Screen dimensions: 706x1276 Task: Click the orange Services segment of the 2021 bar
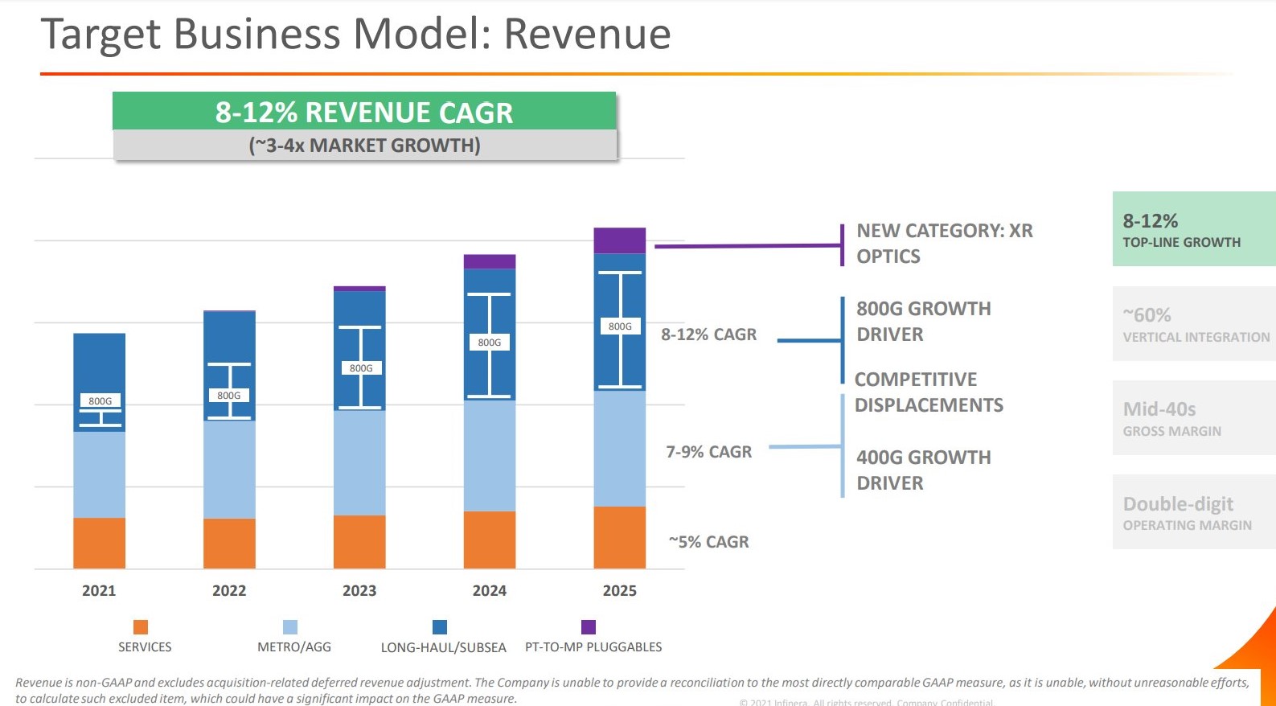99,543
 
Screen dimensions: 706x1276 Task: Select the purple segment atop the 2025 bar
619,240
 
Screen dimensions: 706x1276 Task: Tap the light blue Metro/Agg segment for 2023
359,462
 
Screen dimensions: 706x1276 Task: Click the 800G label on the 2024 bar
489,343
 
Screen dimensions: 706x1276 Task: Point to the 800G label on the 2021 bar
100,400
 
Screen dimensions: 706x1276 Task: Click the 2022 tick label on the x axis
229,591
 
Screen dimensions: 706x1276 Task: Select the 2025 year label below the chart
619,591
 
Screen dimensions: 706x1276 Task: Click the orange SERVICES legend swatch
141,627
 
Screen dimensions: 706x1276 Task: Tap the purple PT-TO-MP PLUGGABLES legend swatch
589,627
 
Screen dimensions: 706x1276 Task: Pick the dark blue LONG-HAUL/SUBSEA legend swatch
440,627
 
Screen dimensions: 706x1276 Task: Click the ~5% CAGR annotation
708,542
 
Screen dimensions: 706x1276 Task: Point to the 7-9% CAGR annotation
708,452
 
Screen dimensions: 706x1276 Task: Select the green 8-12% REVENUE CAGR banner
363,112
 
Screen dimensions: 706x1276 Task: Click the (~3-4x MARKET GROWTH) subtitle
364,146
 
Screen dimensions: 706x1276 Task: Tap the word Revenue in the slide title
587,34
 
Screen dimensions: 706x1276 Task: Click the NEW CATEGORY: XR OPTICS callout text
944,243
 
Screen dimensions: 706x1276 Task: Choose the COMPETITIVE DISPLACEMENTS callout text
928,392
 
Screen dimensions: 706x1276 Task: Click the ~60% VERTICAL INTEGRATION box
1194,324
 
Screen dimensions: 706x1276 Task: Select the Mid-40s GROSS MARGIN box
1194,418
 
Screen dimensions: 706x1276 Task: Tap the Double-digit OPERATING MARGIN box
1194,512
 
